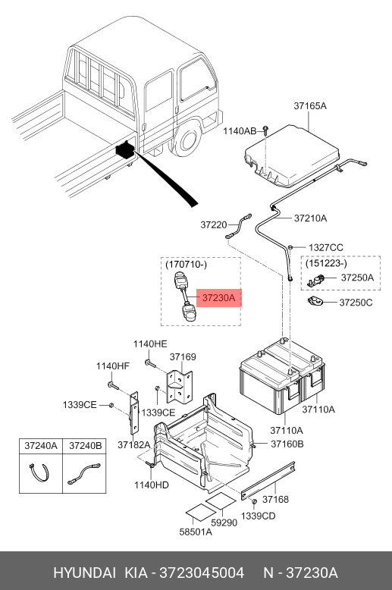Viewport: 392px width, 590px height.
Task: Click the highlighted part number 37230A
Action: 218,298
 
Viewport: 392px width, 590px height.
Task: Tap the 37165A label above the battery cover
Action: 310,105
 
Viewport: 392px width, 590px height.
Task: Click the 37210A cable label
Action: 310,218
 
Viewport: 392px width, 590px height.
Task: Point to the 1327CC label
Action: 326,247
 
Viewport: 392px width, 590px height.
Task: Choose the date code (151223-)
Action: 326,263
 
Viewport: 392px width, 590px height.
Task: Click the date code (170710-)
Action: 186,265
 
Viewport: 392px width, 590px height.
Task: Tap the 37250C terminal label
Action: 356,303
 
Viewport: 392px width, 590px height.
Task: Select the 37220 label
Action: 214,224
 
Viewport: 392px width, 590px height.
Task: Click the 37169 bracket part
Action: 180,387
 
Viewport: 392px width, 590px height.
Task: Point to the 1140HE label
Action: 149,344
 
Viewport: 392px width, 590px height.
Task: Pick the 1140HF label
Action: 112,366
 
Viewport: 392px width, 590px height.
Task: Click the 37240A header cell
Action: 41,446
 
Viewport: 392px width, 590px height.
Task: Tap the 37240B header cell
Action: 85,446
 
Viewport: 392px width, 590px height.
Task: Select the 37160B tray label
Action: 287,444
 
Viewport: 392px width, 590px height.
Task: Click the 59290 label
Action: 224,523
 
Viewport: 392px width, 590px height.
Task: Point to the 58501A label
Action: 196,532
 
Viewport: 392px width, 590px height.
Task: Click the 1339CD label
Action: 258,516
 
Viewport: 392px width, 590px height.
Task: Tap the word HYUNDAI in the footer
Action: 84,573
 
